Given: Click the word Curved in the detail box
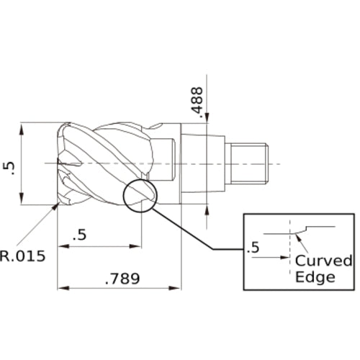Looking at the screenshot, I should [324, 260].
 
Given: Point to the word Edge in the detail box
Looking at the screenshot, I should [315, 276].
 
